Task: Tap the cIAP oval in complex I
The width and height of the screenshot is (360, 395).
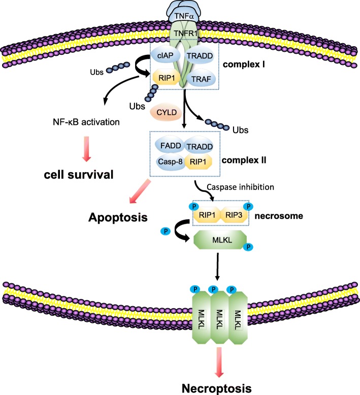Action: (x=162, y=58)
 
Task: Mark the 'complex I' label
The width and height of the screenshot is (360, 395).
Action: (x=243, y=67)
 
